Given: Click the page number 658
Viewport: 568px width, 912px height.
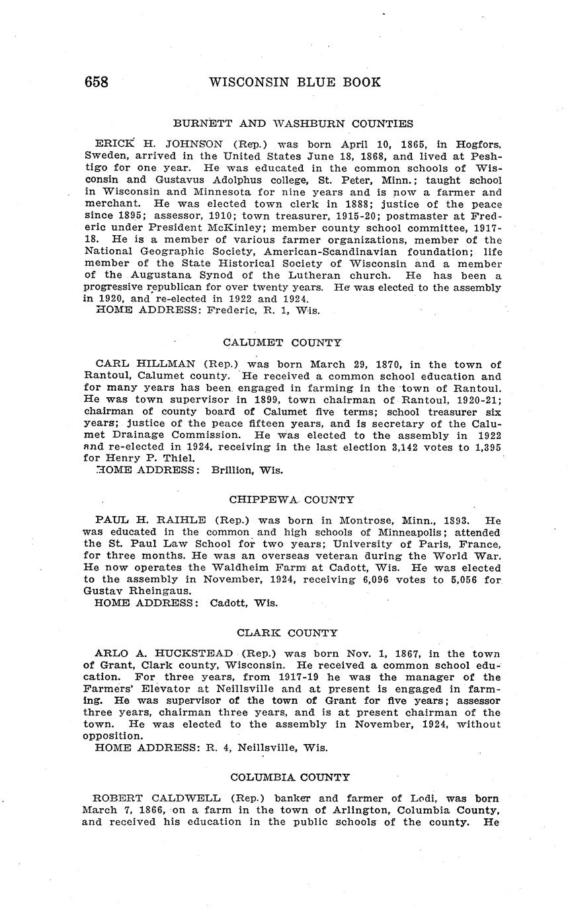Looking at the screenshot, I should click(97, 83).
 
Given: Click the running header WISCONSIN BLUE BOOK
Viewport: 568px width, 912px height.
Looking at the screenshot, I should click(295, 83).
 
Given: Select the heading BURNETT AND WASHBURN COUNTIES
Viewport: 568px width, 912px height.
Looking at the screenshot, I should click(293, 124).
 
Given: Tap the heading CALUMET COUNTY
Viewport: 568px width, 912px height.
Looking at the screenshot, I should click(282, 342).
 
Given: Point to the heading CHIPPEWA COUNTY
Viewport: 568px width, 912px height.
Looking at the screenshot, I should click(292, 500).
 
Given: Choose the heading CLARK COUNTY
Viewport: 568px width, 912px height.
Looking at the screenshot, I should click(288, 632).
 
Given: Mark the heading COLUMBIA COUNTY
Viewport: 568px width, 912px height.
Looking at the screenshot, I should click(290, 777).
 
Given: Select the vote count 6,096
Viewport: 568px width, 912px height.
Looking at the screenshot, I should click(395, 580).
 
